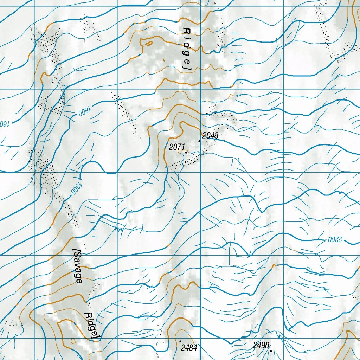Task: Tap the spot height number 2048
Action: tap(210, 135)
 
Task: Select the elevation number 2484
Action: tap(189, 348)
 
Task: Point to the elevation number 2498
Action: tap(261, 345)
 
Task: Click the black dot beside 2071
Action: tap(186, 153)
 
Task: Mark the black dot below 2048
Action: tap(199, 141)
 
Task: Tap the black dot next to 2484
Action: tap(180, 341)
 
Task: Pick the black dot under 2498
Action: tap(271, 351)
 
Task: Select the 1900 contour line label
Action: tap(76, 188)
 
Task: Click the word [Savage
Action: tap(78, 266)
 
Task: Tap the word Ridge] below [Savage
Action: tap(92, 326)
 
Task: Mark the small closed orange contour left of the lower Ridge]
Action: tap(73, 341)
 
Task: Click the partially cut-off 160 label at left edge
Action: tap(4, 123)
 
